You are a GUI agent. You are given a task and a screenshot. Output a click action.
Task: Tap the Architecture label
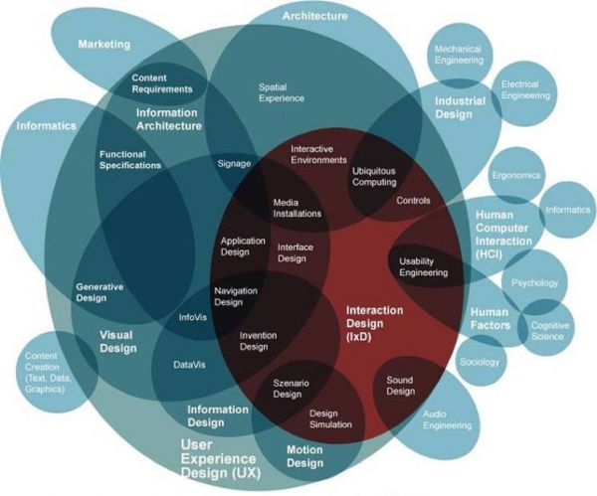click(x=314, y=16)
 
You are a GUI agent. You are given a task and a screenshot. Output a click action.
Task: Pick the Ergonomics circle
click(x=515, y=175)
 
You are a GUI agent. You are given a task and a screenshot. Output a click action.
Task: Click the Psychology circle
click(x=534, y=283)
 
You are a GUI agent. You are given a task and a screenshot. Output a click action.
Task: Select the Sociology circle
click(x=479, y=362)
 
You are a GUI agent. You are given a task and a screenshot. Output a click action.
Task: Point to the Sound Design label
click(x=400, y=386)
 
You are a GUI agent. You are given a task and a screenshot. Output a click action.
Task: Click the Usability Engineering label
click(x=423, y=266)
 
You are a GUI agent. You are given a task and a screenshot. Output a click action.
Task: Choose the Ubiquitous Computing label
click(x=374, y=176)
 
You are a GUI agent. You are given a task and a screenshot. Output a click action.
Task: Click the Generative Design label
click(x=99, y=292)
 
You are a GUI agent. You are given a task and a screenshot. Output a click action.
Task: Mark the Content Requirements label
click(x=162, y=83)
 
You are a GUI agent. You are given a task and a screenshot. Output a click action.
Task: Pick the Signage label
click(x=233, y=162)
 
